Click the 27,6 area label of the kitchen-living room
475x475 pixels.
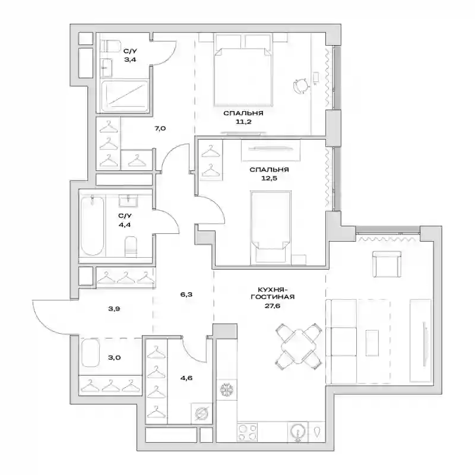tap(273, 306)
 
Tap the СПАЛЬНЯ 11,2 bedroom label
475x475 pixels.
tap(243, 118)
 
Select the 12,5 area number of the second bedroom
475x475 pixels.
tap(270, 178)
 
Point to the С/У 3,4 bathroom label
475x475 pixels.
tap(130, 55)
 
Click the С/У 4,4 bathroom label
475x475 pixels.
tap(125, 220)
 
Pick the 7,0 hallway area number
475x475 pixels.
tap(160, 128)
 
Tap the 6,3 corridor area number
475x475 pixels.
tap(186, 294)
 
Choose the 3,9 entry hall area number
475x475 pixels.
tap(114, 309)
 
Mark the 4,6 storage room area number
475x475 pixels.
tap(186, 378)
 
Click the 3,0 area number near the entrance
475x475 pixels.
tap(115, 358)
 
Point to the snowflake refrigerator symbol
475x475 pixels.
tap(226, 389)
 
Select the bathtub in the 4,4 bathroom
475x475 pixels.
tap(93, 226)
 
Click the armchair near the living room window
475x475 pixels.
tap(387, 264)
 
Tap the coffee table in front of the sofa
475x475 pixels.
tap(372, 343)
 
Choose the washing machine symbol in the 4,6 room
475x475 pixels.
tap(201, 413)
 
